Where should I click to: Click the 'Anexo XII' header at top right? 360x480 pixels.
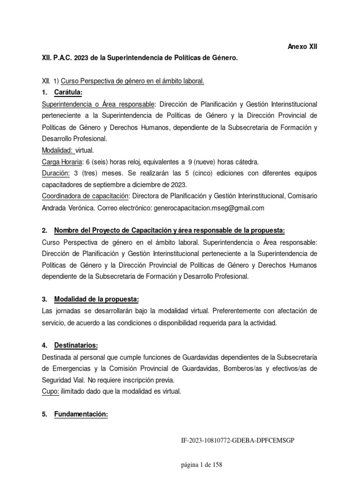[302, 47]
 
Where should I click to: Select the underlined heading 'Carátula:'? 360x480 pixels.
[68, 92]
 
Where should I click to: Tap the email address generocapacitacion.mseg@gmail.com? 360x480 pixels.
[209, 208]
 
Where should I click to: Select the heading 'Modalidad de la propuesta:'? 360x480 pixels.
[97, 299]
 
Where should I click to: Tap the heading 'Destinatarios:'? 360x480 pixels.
[76, 345]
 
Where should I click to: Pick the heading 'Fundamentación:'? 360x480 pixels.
[81, 415]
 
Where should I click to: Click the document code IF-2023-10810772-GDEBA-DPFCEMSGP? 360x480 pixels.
[238, 441]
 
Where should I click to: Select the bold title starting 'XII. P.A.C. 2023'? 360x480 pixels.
[140, 58]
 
